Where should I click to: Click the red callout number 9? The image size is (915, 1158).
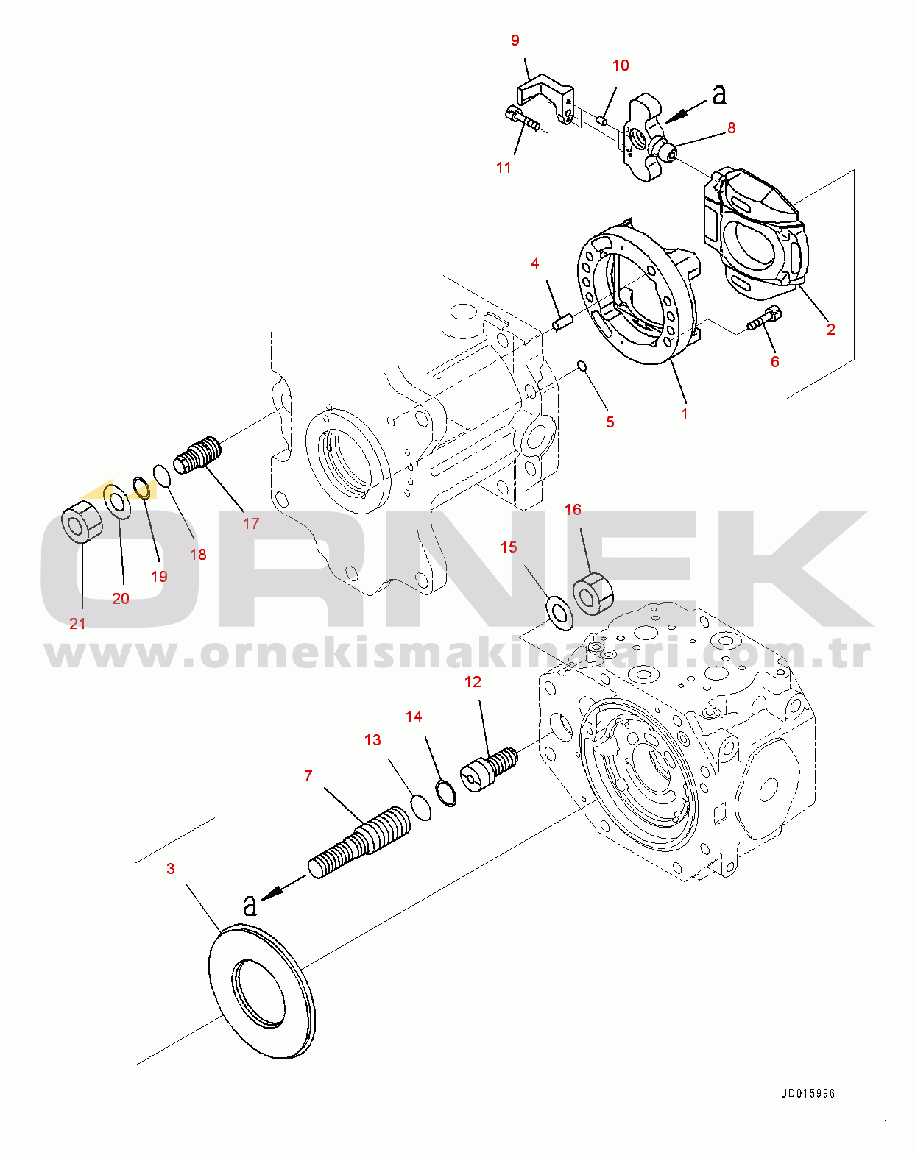tap(515, 40)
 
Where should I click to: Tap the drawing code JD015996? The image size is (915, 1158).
tap(808, 1093)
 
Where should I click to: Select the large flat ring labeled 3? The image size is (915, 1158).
tap(262, 992)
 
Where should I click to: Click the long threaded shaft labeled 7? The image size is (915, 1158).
tap(358, 842)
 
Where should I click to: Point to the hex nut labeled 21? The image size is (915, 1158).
tap(82, 520)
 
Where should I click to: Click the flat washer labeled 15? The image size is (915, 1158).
tap(559, 613)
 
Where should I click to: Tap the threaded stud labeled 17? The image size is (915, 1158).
tap(197, 455)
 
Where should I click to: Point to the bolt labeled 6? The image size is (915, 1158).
tap(764, 318)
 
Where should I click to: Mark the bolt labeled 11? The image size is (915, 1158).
tap(523, 120)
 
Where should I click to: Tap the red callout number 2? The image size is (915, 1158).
tap(831, 330)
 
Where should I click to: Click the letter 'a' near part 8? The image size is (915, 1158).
tap(719, 95)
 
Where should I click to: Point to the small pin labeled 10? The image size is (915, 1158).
tap(603, 120)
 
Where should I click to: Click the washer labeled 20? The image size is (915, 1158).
tap(117, 502)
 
